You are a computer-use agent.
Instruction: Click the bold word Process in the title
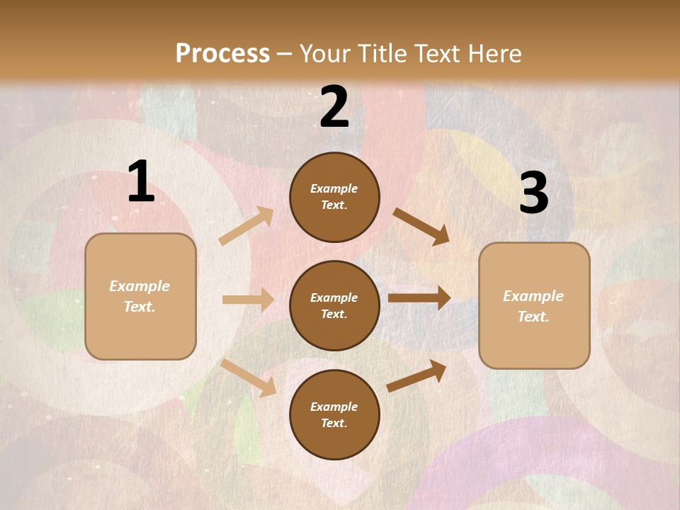pyautogui.click(x=222, y=54)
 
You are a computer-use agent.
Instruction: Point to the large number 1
pyautogui.click(x=141, y=182)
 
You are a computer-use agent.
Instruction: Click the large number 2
pyautogui.click(x=334, y=107)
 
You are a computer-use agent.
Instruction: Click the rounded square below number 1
pyautogui.click(x=140, y=296)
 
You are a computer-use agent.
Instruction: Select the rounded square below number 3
pyautogui.click(x=534, y=305)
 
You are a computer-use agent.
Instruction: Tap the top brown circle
pyautogui.click(x=334, y=197)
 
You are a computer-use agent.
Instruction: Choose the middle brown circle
pyautogui.click(x=334, y=305)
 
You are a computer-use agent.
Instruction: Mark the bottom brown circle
pyautogui.click(x=334, y=414)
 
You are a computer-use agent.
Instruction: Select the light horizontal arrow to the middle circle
pyautogui.click(x=248, y=300)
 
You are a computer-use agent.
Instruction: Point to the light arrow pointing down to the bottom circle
pyautogui.click(x=249, y=377)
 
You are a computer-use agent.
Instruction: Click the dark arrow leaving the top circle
pyautogui.click(x=421, y=226)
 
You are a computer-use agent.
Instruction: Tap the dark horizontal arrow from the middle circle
pyautogui.click(x=419, y=298)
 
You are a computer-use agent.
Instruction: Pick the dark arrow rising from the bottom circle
pyautogui.click(x=417, y=375)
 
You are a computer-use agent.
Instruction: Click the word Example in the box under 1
pyautogui.click(x=140, y=286)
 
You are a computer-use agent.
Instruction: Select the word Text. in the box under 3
pyautogui.click(x=533, y=317)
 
